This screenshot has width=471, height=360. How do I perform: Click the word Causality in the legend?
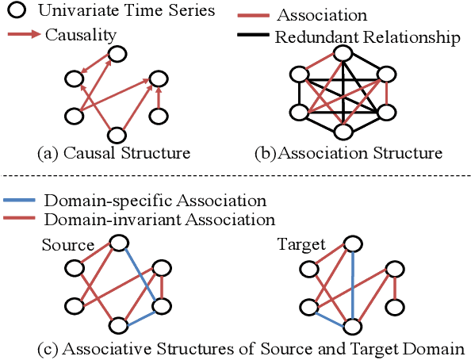(78, 35)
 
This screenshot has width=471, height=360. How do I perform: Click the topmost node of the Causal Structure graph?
(117, 54)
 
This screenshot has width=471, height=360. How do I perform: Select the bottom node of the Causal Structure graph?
(117, 135)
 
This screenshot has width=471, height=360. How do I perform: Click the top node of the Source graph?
(118, 241)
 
